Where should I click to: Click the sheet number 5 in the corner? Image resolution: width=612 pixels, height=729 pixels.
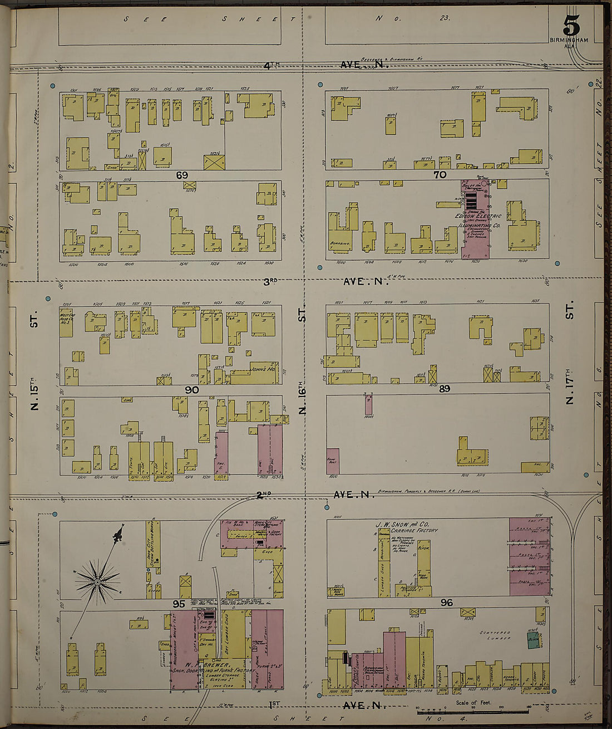(571, 25)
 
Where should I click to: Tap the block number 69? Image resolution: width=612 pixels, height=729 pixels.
(182, 175)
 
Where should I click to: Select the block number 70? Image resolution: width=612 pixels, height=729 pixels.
(440, 174)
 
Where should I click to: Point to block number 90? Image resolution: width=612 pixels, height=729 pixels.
(191, 390)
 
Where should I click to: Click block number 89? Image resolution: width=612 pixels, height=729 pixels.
(444, 389)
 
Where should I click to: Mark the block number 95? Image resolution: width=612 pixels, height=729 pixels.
(179, 604)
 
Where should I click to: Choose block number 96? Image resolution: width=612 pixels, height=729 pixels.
(446, 602)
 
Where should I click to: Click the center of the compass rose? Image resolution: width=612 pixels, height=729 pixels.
(97, 583)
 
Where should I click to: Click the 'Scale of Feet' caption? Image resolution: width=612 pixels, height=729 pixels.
(473, 702)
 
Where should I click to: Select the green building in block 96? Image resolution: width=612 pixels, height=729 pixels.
(534, 639)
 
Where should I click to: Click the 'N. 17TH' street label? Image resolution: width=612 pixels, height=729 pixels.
(569, 385)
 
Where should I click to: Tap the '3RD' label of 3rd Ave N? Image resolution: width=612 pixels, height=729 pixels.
(270, 281)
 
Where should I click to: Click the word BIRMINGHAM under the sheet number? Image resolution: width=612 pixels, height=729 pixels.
(569, 40)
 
